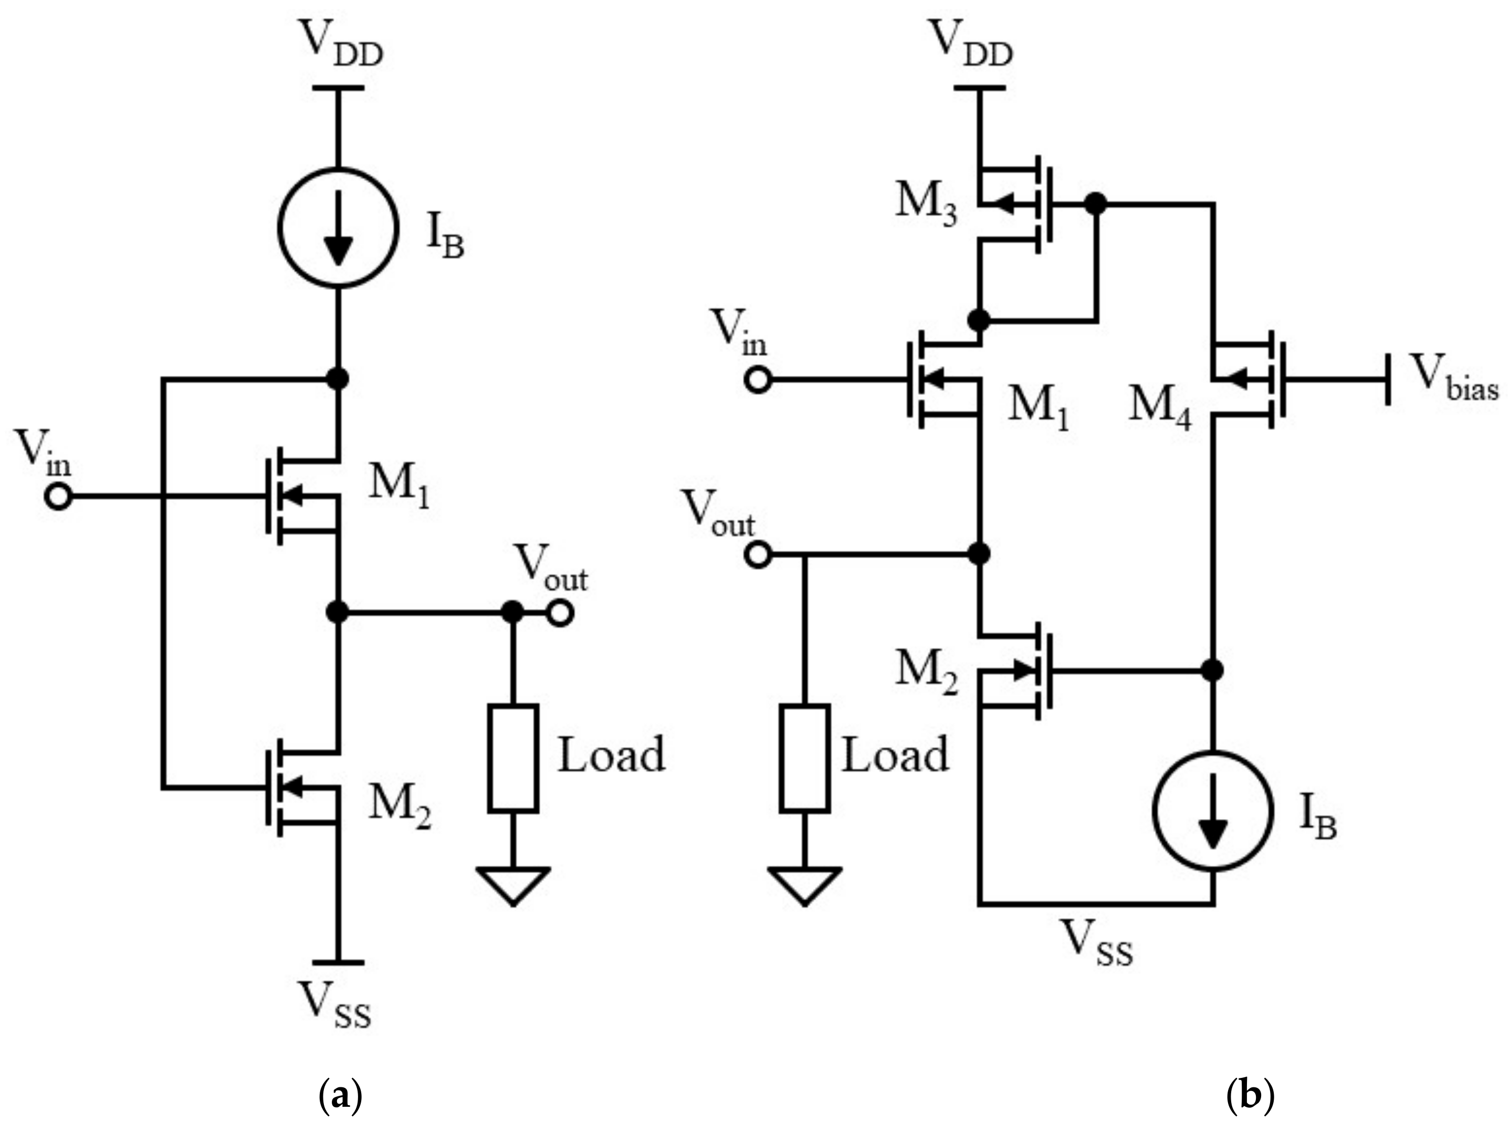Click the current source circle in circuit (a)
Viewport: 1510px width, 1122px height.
tap(338, 229)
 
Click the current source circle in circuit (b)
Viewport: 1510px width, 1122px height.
tap(1212, 811)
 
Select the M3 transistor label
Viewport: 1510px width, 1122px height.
tap(925, 204)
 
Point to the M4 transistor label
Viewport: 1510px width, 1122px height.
tap(1159, 410)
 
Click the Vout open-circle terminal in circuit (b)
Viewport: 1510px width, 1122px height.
tap(758, 555)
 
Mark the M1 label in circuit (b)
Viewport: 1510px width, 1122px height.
tap(1037, 410)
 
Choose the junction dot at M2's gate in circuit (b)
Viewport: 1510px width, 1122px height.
tap(1212, 670)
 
